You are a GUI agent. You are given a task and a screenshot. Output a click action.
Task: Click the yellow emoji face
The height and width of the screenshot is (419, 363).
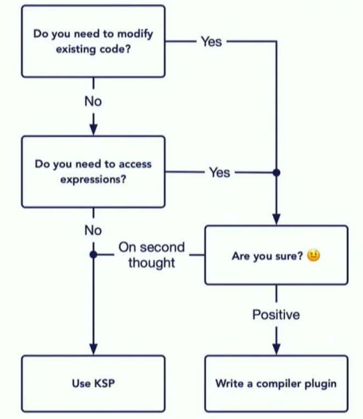click(x=314, y=255)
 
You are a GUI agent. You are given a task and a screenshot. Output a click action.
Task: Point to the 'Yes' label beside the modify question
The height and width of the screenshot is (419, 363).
click(x=211, y=41)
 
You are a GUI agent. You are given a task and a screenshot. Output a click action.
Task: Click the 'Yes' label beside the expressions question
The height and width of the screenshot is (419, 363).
click(x=220, y=172)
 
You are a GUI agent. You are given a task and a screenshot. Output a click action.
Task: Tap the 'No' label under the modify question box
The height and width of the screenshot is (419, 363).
click(x=93, y=101)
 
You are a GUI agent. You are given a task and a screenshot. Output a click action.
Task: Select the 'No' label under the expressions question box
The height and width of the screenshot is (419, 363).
click(x=93, y=230)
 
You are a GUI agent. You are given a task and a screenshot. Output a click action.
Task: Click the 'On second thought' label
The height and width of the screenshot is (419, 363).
click(x=152, y=255)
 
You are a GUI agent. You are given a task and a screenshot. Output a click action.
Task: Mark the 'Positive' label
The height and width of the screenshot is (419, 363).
click(x=276, y=315)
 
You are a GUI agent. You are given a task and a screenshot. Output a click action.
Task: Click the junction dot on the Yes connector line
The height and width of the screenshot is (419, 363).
click(x=276, y=173)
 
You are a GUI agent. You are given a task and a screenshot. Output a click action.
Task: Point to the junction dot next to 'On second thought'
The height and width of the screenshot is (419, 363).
click(x=93, y=255)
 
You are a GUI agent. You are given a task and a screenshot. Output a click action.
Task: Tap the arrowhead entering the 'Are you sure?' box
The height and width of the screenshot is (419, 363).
click(x=276, y=219)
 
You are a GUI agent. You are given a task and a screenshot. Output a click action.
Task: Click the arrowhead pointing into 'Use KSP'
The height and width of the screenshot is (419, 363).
click(x=93, y=349)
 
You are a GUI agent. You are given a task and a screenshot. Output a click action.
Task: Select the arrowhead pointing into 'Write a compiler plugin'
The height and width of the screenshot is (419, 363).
click(x=276, y=349)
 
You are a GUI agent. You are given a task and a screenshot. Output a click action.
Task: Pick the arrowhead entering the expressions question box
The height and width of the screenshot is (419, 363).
click(x=93, y=130)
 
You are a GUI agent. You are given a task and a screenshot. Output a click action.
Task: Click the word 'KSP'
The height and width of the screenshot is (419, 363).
click(x=105, y=383)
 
